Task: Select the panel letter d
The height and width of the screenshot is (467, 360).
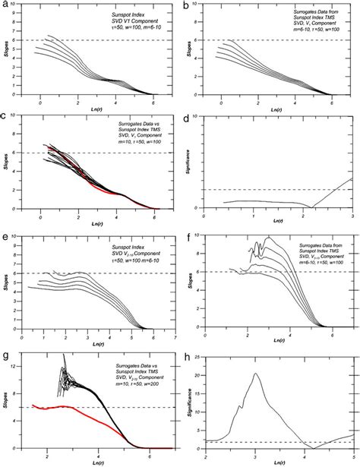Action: point(187,119)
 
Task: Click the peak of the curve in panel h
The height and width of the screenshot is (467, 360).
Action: point(256,373)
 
